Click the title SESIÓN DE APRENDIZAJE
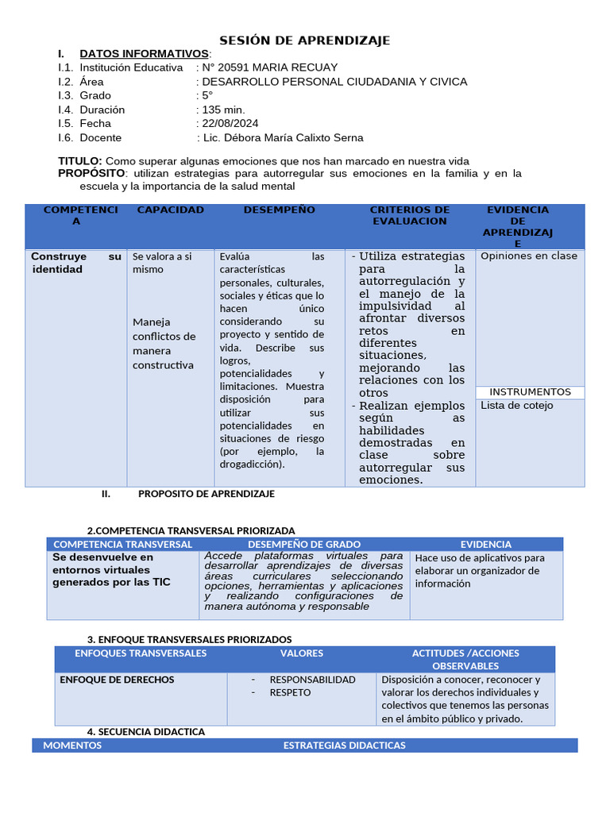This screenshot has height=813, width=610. click(x=304, y=40)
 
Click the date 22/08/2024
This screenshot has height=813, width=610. click(x=230, y=123)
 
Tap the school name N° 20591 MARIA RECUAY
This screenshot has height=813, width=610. click(x=270, y=67)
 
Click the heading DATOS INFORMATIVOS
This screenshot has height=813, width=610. click(x=144, y=53)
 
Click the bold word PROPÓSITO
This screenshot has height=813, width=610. click(x=91, y=173)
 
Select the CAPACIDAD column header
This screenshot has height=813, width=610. click(x=170, y=210)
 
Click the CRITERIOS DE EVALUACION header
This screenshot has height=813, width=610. click(x=410, y=215)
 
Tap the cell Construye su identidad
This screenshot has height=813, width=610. click(x=75, y=263)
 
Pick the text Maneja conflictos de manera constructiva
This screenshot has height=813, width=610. click(x=164, y=344)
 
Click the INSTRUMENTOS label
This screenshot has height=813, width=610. click(x=530, y=392)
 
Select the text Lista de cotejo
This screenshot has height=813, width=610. click(x=517, y=406)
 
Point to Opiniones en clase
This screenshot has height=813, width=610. click(x=529, y=256)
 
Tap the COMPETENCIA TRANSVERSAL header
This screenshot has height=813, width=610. click(x=122, y=544)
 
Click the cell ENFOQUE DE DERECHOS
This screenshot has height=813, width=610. click(x=118, y=680)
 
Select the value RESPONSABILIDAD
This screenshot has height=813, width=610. click(x=312, y=680)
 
